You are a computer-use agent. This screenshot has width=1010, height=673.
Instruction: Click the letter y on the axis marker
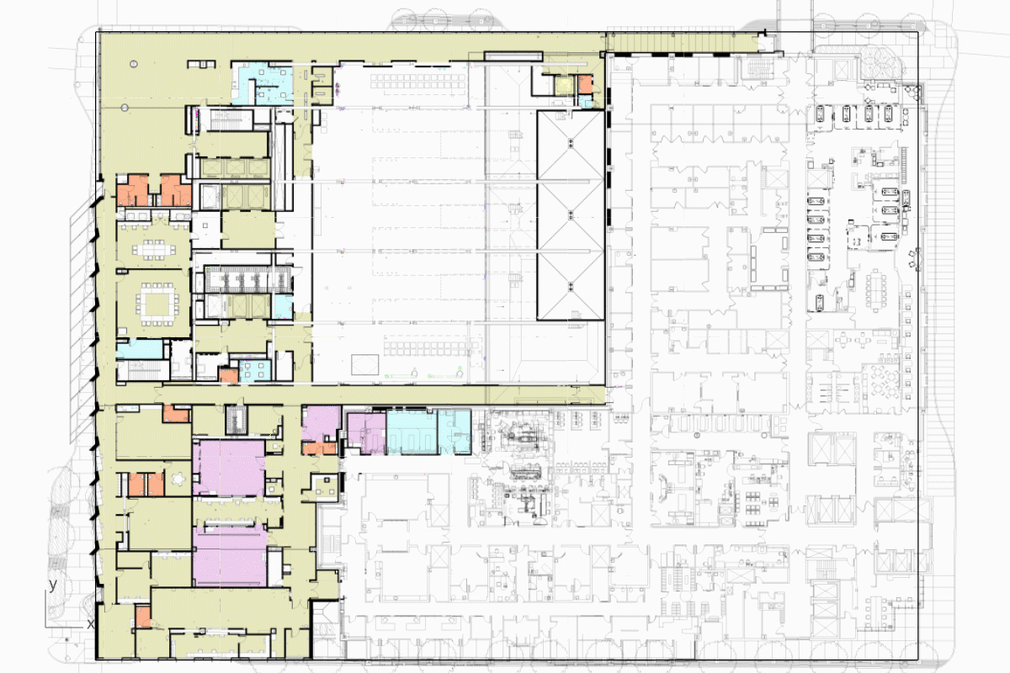pos(53,586)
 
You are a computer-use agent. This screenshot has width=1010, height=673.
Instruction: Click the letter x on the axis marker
pos(91,624)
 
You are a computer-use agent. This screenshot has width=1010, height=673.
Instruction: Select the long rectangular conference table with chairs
pos(154,249)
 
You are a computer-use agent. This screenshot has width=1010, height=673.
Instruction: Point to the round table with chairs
pos(179,479)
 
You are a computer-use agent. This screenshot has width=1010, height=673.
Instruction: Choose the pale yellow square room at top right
pos(564,85)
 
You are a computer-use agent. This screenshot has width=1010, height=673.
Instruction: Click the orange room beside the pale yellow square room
pos(585,84)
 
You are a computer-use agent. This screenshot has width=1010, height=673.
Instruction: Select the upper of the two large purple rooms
pos(229,468)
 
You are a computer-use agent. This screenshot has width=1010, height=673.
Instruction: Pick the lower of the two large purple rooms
pos(230,555)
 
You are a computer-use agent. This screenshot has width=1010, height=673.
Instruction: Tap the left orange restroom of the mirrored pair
pos(133,190)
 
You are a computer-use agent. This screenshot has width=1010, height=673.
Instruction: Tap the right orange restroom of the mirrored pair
pos(176,190)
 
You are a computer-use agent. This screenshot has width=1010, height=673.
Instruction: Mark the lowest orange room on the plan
pos(143,617)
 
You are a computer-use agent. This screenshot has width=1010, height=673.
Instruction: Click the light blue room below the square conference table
pos(140,349)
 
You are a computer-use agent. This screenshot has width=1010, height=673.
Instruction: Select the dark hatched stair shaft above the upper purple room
pos(237,420)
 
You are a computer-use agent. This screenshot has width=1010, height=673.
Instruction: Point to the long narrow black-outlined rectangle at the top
pos(513,56)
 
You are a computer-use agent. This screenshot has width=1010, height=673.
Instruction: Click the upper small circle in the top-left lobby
pos(134,64)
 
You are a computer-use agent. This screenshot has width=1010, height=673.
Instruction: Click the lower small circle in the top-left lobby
pos(125,108)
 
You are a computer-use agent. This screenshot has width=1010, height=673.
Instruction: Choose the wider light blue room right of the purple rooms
pos(412,432)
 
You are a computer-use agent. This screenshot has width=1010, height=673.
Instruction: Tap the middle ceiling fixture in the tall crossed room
pos(571,216)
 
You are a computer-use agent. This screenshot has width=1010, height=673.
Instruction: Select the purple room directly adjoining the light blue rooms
pos(367,433)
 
